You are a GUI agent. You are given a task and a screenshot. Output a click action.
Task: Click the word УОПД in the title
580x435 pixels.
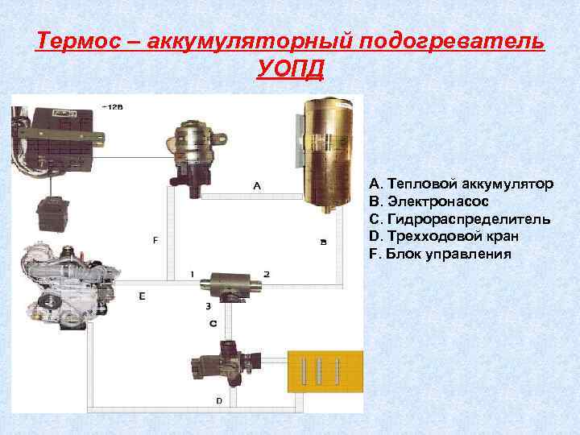click(290, 69)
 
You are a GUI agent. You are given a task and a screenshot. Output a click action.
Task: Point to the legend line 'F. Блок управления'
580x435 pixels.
click(440, 254)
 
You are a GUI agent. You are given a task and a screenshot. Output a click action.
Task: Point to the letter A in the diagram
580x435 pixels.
click(257, 185)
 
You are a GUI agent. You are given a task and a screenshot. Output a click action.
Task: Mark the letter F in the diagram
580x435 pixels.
click(155, 240)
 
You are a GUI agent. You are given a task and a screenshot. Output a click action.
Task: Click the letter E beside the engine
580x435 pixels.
click(142, 296)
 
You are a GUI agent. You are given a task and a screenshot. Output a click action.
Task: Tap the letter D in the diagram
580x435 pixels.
click(219, 400)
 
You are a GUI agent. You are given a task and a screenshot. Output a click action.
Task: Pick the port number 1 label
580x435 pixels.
click(193, 275)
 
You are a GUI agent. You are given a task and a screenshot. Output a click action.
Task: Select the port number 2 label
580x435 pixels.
click(266, 275)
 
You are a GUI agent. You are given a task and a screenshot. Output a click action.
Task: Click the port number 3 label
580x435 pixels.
click(208, 306)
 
